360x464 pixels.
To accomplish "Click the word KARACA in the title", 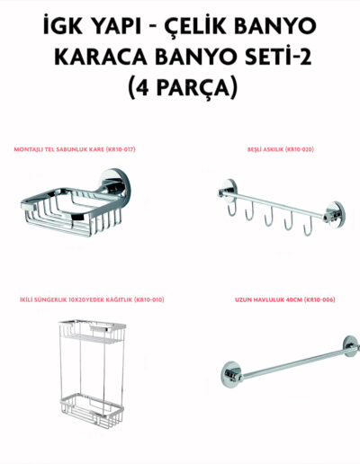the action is (101, 57).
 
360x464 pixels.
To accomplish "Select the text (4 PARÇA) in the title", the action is (183, 87).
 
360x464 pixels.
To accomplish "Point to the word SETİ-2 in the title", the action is (278, 57).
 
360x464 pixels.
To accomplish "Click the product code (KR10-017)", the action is (121, 149).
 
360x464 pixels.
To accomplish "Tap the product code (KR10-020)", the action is (299, 149).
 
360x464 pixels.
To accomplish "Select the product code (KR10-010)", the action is (149, 299).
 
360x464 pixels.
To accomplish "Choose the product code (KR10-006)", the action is (319, 299).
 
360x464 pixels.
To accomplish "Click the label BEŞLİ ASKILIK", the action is (265, 149).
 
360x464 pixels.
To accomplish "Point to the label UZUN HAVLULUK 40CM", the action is (268, 299).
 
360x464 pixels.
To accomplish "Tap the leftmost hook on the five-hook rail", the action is (232, 207).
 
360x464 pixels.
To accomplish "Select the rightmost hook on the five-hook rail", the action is (308, 227).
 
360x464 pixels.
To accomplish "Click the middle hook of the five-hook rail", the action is (269, 217).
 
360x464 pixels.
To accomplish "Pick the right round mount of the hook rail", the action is (335, 213).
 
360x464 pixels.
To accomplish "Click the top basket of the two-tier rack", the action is (93, 331).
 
